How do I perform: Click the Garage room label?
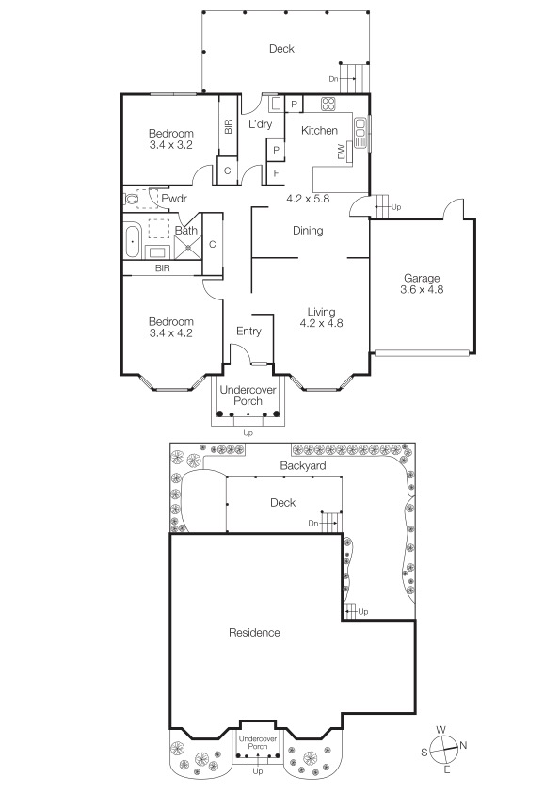click(422, 278)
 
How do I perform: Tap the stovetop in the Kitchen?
click(328, 104)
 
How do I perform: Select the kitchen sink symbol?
click(360, 132)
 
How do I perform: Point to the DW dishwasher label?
click(341, 153)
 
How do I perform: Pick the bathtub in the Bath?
click(132, 243)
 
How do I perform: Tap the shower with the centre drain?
click(188, 247)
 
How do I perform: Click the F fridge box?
click(276, 173)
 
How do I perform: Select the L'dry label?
click(261, 124)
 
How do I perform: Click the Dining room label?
click(308, 231)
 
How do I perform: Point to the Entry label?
click(248, 331)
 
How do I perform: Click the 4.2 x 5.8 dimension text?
click(308, 199)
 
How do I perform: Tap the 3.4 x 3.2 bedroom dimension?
click(171, 145)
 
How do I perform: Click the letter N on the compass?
click(463, 745)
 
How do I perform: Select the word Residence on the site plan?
click(254, 633)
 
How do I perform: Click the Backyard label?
click(303, 466)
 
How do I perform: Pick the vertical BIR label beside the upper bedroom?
click(228, 126)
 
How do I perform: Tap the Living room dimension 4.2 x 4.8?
click(322, 323)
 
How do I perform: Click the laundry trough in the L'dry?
click(277, 104)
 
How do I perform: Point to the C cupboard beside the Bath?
click(213, 244)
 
